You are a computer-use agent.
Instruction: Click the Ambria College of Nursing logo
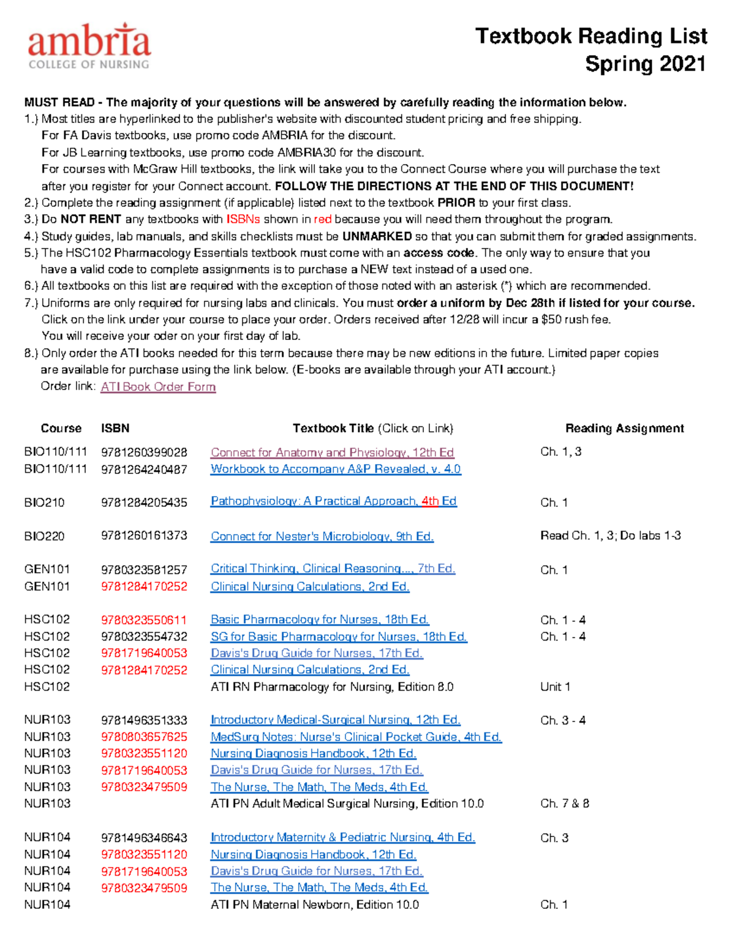[89, 46]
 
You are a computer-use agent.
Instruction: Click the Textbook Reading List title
[591, 36]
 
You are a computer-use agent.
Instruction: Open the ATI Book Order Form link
[158, 387]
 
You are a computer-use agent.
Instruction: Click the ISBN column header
[115, 429]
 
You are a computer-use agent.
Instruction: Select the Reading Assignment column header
[624, 429]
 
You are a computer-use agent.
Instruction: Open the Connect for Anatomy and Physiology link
[332, 453]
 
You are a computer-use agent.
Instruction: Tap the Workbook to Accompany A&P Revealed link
[336, 469]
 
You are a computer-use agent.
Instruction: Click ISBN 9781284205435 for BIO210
[144, 502]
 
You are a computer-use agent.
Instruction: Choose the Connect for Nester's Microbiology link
[322, 536]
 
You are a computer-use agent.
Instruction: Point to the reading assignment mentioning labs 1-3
[610, 536]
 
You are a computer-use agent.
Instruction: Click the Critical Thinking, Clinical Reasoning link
[333, 569]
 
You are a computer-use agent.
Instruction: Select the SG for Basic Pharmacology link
[339, 637]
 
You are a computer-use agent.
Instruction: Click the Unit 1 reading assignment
[555, 687]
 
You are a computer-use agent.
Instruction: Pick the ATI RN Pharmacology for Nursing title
[332, 687]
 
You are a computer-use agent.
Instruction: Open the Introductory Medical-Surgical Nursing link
[335, 720]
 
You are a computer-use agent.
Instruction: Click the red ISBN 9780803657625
[144, 737]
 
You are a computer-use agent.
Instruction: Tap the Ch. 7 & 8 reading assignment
[565, 803]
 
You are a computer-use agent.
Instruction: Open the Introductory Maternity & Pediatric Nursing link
[342, 837]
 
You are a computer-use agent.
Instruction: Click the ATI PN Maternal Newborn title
[315, 904]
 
